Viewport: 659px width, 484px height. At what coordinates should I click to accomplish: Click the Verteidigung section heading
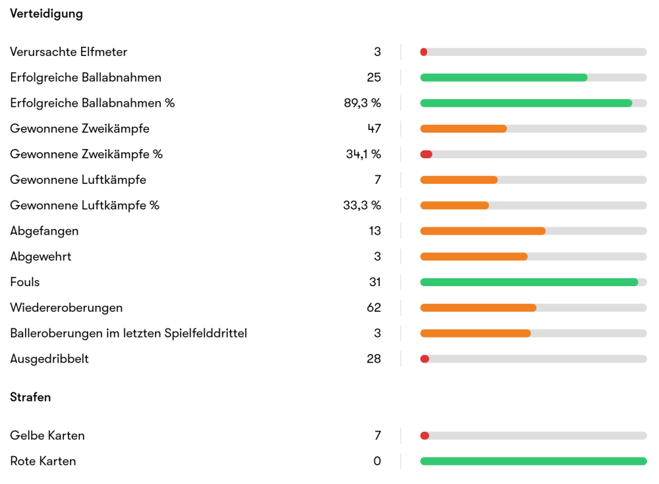point(46,13)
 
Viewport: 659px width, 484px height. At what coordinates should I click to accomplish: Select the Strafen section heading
point(30,397)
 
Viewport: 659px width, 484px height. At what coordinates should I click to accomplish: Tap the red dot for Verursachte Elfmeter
point(424,52)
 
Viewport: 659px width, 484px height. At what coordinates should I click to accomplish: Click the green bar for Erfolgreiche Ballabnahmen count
point(503,78)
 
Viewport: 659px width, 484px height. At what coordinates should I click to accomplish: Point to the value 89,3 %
point(358,103)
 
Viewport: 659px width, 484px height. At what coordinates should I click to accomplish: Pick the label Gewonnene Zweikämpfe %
point(86,154)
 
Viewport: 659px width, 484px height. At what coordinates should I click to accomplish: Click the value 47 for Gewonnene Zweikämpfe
point(374,129)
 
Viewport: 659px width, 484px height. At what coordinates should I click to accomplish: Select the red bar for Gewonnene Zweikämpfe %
point(426,154)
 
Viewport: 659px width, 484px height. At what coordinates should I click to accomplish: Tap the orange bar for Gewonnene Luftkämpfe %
point(455,205)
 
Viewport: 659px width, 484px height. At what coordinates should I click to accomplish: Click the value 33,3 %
point(362,205)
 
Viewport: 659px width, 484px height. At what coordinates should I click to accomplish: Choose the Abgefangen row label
point(44,231)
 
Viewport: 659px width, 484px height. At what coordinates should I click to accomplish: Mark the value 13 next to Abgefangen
point(374,231)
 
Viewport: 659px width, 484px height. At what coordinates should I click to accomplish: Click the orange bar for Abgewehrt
point(474,257)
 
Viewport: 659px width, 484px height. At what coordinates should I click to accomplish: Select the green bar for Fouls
point(529,282)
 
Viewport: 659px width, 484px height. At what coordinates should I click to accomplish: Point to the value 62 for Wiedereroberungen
point(374,308)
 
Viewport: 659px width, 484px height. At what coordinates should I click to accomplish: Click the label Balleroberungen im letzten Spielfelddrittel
point(129,333)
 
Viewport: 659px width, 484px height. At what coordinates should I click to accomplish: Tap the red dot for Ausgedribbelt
point(424,359)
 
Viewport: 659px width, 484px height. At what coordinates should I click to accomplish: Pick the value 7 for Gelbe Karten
point(378,436)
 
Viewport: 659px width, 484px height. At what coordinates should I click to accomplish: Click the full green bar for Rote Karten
point(533,461)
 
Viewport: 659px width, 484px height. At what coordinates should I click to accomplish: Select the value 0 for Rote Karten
point(377,461)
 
